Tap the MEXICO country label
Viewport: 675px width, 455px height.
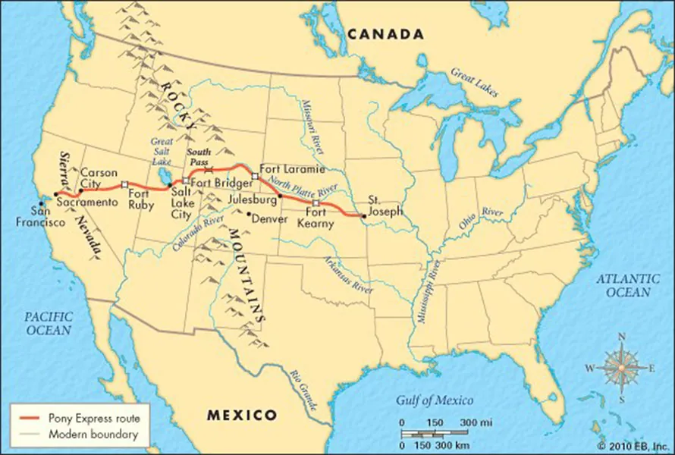242,415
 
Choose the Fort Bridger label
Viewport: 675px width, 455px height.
221,182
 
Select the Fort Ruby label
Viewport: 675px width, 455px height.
141,199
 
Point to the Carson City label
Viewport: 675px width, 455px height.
99,179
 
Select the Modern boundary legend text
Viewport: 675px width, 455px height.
93,435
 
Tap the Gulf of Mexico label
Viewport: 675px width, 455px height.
435,400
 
